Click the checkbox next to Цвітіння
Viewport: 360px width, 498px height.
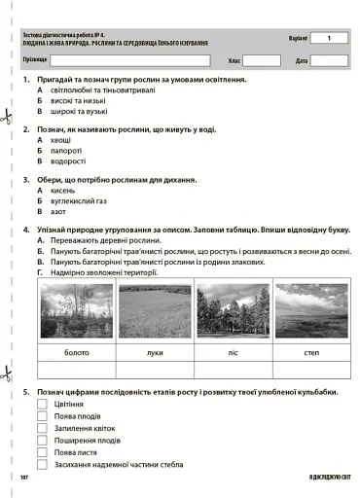tap(42, 403)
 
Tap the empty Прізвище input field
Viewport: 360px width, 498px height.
tap(130, 60)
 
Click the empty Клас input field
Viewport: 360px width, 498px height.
tap(261, 60)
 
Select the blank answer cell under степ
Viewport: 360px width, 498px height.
tap(311, 370)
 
